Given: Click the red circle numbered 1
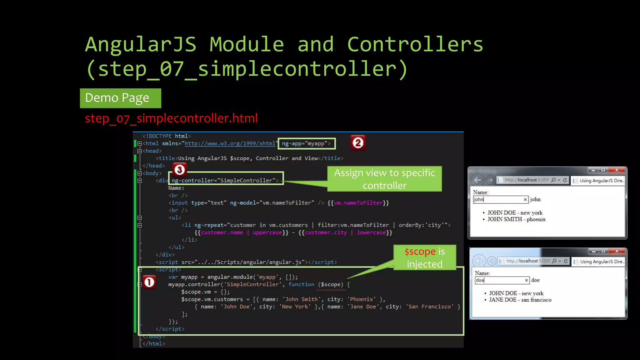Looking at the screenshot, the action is pos(149,282).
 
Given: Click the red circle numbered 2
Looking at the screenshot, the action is pos(358,143).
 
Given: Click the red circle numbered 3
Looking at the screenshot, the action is pos(179,170).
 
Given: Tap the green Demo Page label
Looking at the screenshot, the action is pos(120,98).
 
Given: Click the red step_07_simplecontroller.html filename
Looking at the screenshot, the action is pos(171,118).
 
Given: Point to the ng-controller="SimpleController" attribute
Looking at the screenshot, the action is pos(225,180).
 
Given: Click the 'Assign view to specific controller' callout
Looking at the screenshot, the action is pos(384,179).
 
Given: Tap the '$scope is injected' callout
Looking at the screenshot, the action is pos(424,257).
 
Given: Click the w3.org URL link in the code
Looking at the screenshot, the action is pos(230,143).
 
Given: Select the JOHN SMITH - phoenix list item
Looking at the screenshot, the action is pos(516,219).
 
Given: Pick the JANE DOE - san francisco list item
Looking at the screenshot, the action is pos(520,300).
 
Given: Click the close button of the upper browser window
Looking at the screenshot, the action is pos(617,170).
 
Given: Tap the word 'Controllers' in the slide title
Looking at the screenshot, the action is pos(415,44).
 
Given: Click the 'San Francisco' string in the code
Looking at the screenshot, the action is pos(430,307).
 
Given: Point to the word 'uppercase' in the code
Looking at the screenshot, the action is pos(267,232).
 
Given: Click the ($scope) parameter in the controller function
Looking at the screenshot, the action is pos(331,284).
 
